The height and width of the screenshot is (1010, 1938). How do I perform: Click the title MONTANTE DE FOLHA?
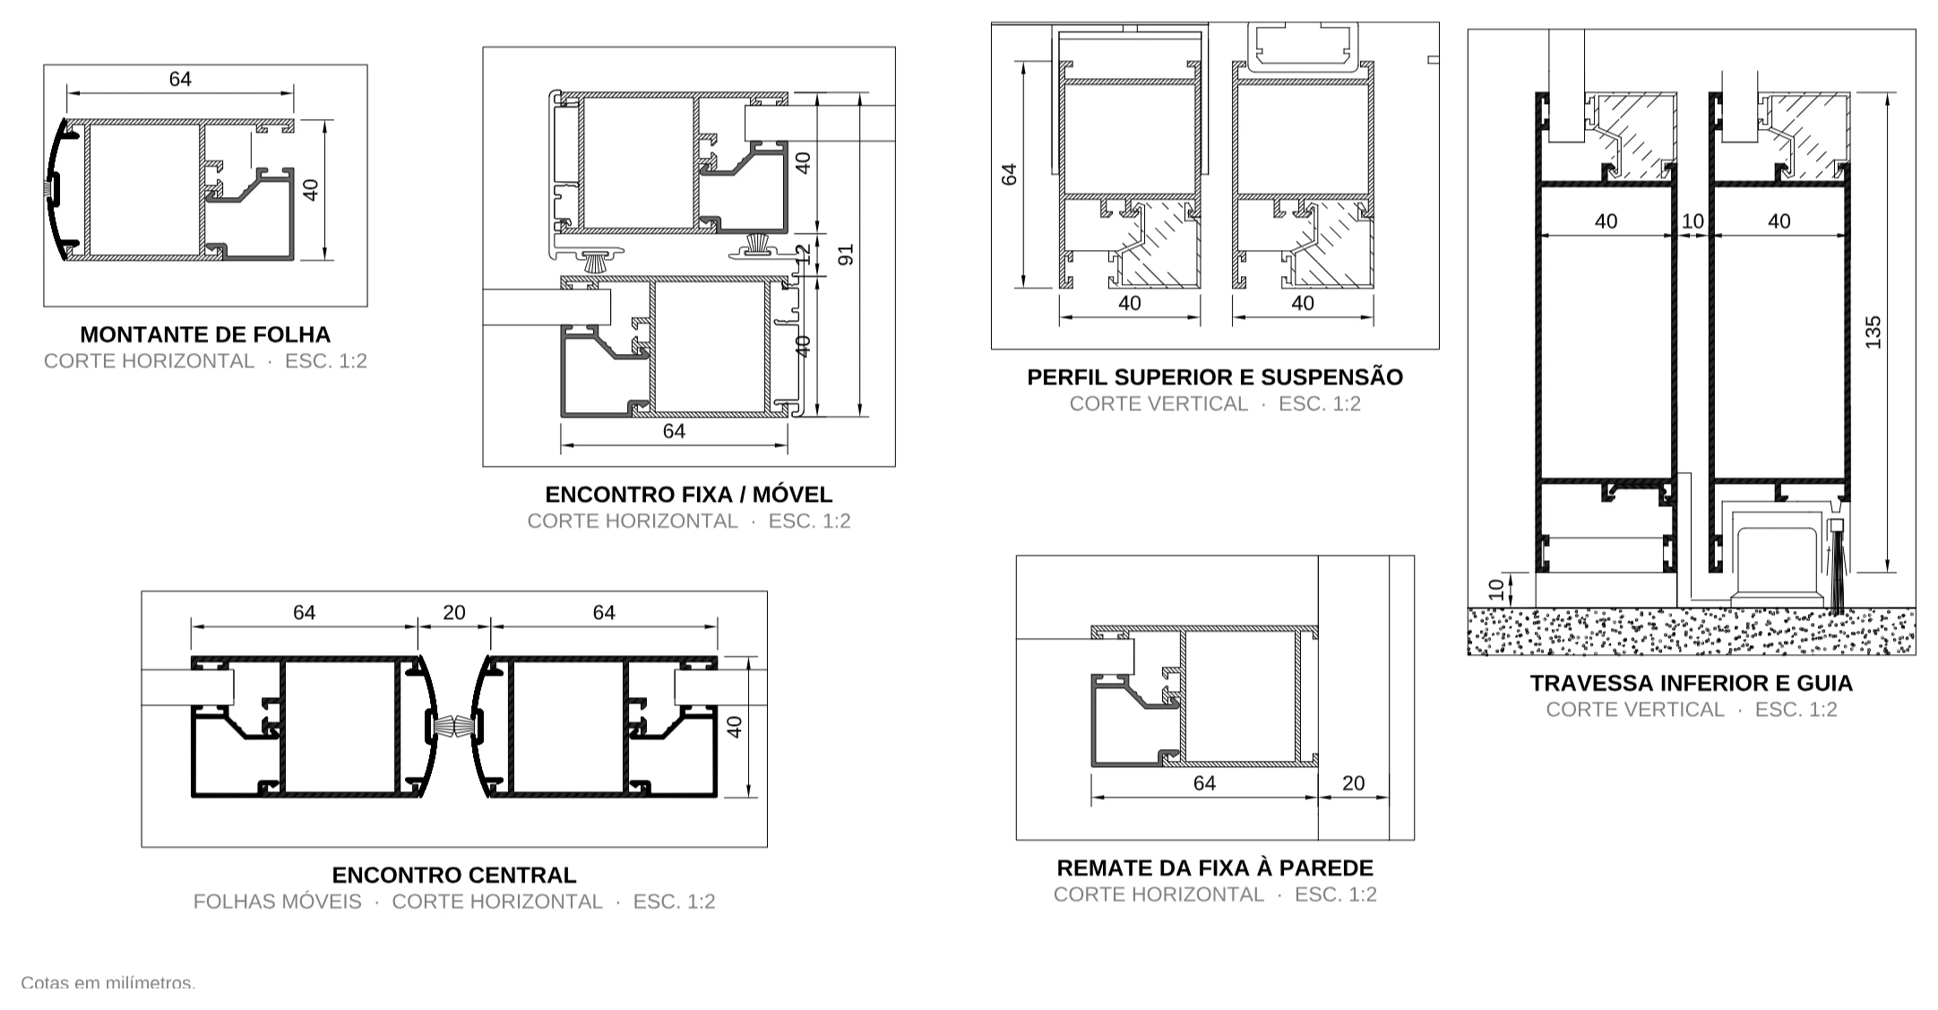coord(205,334)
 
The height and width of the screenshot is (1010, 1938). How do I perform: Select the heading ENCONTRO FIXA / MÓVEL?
coord(689,494)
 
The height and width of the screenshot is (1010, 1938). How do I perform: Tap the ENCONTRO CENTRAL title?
coord(454,875)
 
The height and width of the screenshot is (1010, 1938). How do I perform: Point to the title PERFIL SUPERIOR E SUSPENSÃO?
coord(1215,377)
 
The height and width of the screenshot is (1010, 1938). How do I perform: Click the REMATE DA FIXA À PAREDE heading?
coord(1215,868)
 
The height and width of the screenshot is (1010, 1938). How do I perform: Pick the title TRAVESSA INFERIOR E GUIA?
coord(1692,683)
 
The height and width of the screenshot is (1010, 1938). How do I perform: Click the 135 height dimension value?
coord(1873,332)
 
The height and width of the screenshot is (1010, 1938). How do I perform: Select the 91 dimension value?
coord(846,255)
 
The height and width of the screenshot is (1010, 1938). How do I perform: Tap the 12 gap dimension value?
coord(803,255)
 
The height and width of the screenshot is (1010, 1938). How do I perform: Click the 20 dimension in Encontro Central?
coord(454,612)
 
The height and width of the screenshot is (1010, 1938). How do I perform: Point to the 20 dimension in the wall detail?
coord(1353,783)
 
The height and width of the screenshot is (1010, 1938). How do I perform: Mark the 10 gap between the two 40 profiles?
coord(1693,221)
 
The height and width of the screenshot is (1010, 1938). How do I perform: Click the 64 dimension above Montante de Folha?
coord(180,79)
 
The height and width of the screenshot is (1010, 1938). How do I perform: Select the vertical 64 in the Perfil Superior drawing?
coord(1010,175)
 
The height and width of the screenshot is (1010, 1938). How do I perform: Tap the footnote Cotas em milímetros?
coord(108,983)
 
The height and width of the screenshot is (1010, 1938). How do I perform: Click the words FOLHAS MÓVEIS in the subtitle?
coord(278,902)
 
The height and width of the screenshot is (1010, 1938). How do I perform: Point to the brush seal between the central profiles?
coord(453,726)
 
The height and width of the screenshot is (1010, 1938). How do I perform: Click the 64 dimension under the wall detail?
coord(1204,783)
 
